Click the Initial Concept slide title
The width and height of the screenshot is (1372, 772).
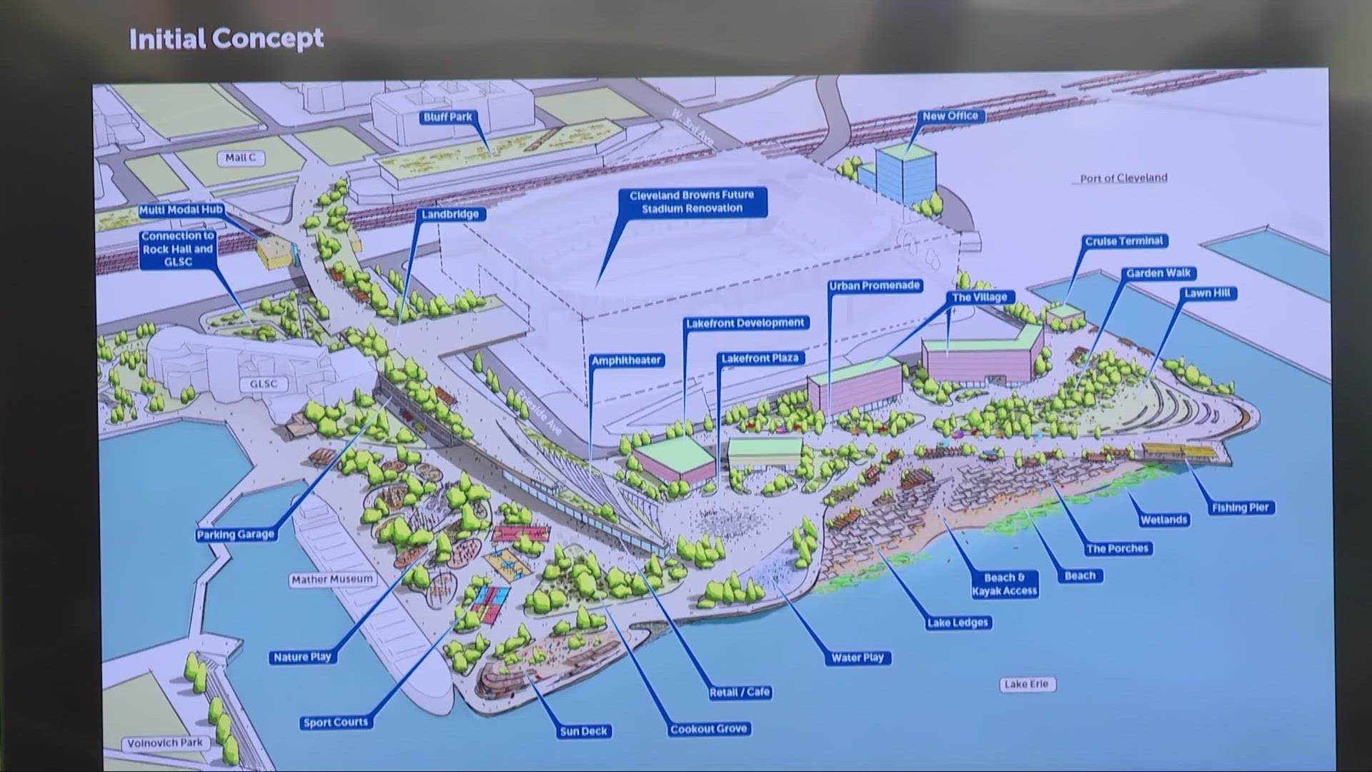coord(226,39)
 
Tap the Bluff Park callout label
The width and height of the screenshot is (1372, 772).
coord(448,117)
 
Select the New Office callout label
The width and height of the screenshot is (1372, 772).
coord(950,117)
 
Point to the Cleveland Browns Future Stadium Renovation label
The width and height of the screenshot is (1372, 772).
coord(691,202)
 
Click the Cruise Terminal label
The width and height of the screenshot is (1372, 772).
coord(1124,242)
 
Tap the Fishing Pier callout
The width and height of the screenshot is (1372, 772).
coord(1240,508)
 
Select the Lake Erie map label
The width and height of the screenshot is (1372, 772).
coord(1026,685)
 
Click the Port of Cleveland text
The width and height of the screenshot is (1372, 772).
coord(1123,178)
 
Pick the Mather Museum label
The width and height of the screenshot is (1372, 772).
coord(332,580)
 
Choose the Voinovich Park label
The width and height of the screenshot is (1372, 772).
coord(165,743)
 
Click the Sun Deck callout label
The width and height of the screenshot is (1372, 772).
coord(584,732)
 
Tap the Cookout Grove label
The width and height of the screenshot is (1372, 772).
coord(708,730)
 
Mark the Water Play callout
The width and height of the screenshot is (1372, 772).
coord(857,658)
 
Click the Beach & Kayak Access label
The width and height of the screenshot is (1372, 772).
coord(1004,585)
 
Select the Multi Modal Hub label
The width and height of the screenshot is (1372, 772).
coord(181,210)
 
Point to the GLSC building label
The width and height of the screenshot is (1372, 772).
coord(263,385)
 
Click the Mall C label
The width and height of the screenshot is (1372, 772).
coord(240,158)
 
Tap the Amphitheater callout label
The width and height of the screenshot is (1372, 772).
coord(626,361)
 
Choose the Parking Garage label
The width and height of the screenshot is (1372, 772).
coord(235,535)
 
